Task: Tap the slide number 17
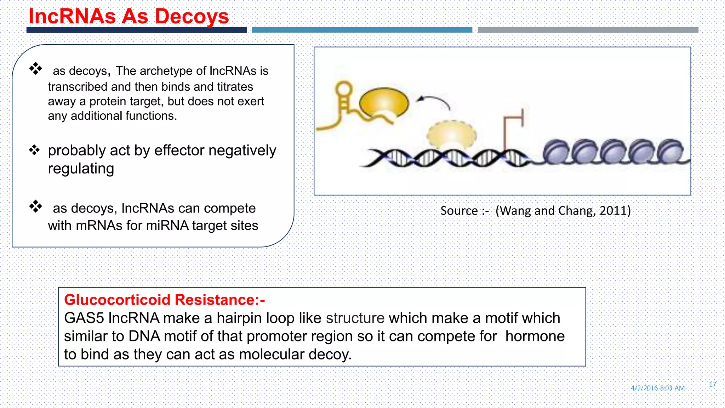tap(712, 384)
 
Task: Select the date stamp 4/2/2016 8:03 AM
tap(657, 388)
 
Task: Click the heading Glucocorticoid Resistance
tap(164, 300)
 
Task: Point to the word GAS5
tap(84, 318)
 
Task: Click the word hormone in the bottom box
tap(535, 336)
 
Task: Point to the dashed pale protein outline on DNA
tap(451, 135)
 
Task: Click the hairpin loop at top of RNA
tap(343, 88)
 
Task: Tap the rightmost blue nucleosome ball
tap(670, 152)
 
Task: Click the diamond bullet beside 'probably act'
tap(34, 150)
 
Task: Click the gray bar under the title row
tap(588, 30)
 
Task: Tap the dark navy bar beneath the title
tap(136, 30)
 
